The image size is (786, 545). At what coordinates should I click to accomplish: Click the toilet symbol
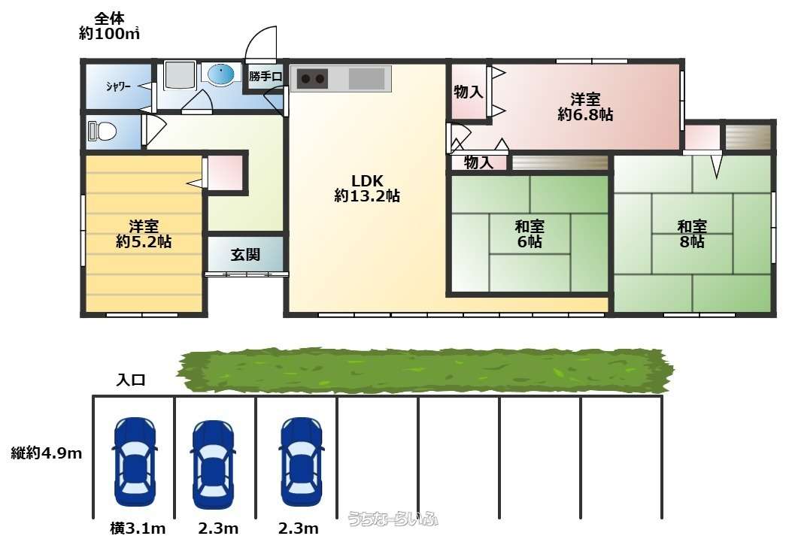(102, 132)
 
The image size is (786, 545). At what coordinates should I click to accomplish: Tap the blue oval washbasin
(220, 75)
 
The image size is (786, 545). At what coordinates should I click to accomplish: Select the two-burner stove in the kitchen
(312, 79)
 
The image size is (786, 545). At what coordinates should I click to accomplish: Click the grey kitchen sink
(366, 79)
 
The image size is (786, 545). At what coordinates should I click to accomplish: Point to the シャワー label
(118, 86)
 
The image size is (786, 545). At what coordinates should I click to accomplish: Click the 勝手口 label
(266, 77)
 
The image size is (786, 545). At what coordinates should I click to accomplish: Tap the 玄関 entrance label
(246, 255)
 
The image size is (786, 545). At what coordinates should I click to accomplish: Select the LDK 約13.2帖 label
(367, 188)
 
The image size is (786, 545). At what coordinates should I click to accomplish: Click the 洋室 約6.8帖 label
(585, 107)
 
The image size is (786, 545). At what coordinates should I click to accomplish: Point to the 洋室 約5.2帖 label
(144, 234)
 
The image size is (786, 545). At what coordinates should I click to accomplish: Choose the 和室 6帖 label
(530, 234)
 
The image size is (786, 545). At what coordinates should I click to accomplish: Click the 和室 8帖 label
(692, 234)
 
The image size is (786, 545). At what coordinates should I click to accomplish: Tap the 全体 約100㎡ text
(109, 26)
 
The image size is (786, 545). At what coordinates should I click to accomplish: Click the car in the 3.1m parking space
(135, 462)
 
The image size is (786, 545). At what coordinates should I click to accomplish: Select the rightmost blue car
(302, 462)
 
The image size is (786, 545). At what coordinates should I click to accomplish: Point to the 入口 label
(131, 379)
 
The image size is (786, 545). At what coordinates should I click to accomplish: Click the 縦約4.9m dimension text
(46, 453)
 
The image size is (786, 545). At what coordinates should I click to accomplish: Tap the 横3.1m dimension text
(138, 528)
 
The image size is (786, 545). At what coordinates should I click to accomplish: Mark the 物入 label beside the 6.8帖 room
(469, 92)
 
